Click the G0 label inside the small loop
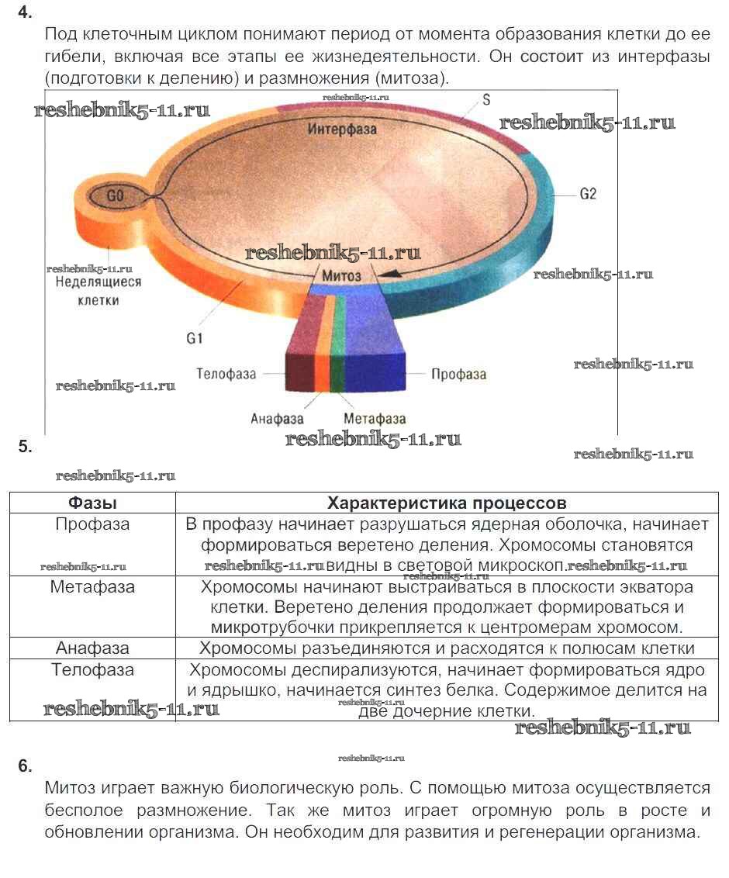click(115, 197)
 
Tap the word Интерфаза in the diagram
click(342, 129)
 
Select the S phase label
click(486, 100)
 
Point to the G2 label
click(589, 194)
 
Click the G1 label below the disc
click(194, 338)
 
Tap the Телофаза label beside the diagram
click(226, 374)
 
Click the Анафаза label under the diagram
click(276, 419)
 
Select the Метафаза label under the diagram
click(374, 419)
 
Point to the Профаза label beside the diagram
click(458, 374)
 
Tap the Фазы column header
click(92, 503)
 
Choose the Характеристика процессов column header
click(447, 503)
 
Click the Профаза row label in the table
click(92, 524)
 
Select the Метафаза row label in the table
click(92, 587)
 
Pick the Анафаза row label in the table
click(92, 648)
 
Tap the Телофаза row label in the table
click(92, 669)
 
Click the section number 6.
click(25, 766)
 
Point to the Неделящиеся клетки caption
click(98, 291)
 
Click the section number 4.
click(25, 12)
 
